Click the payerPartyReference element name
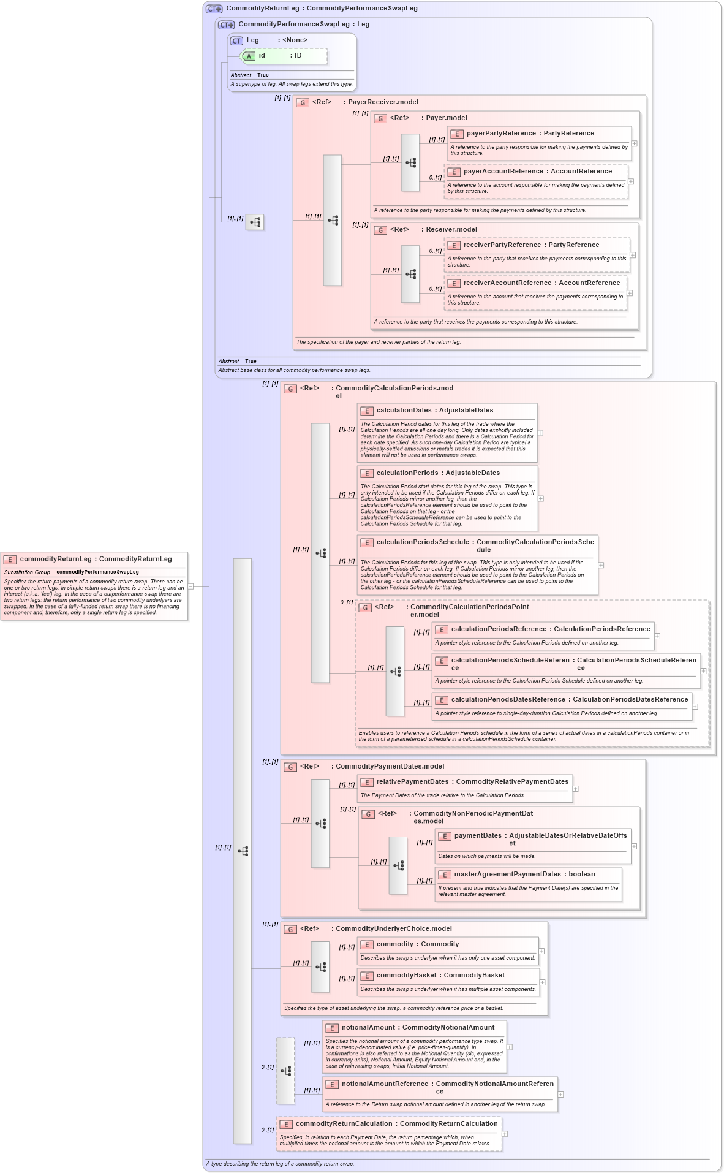pyautogui.click(x=500, y=133)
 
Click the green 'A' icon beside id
pyautogui.click(x=249, y=56)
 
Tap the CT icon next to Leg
pyautogui.click(x=236, y=40)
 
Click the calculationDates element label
pyautogui.click(x=405, y=410)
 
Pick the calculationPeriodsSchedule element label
pyautogui.click(x=422, y=542)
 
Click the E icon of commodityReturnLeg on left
pyautogui.click(x=10, y=559)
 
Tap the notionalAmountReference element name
pyautogui.click(x=385, y=1084)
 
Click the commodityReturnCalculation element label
pyautogui.click(x=344, y=1123)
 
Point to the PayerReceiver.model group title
pyautogui.click(x=383, y=102)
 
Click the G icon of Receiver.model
pyautogui.click(x=380, y=230)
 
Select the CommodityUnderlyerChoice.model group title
pyautogui.click(x=393, y=928)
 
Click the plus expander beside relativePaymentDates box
pyautogui.click(x=575, y=789)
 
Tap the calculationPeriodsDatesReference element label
pyautogui.click(x=508, y=699)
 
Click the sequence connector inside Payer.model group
pyautogui.click(x=410, y=162)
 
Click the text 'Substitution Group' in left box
pyautogui.click(x=27, y=572)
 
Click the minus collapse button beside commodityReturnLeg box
pyautogui.click(x=191, y=586)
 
